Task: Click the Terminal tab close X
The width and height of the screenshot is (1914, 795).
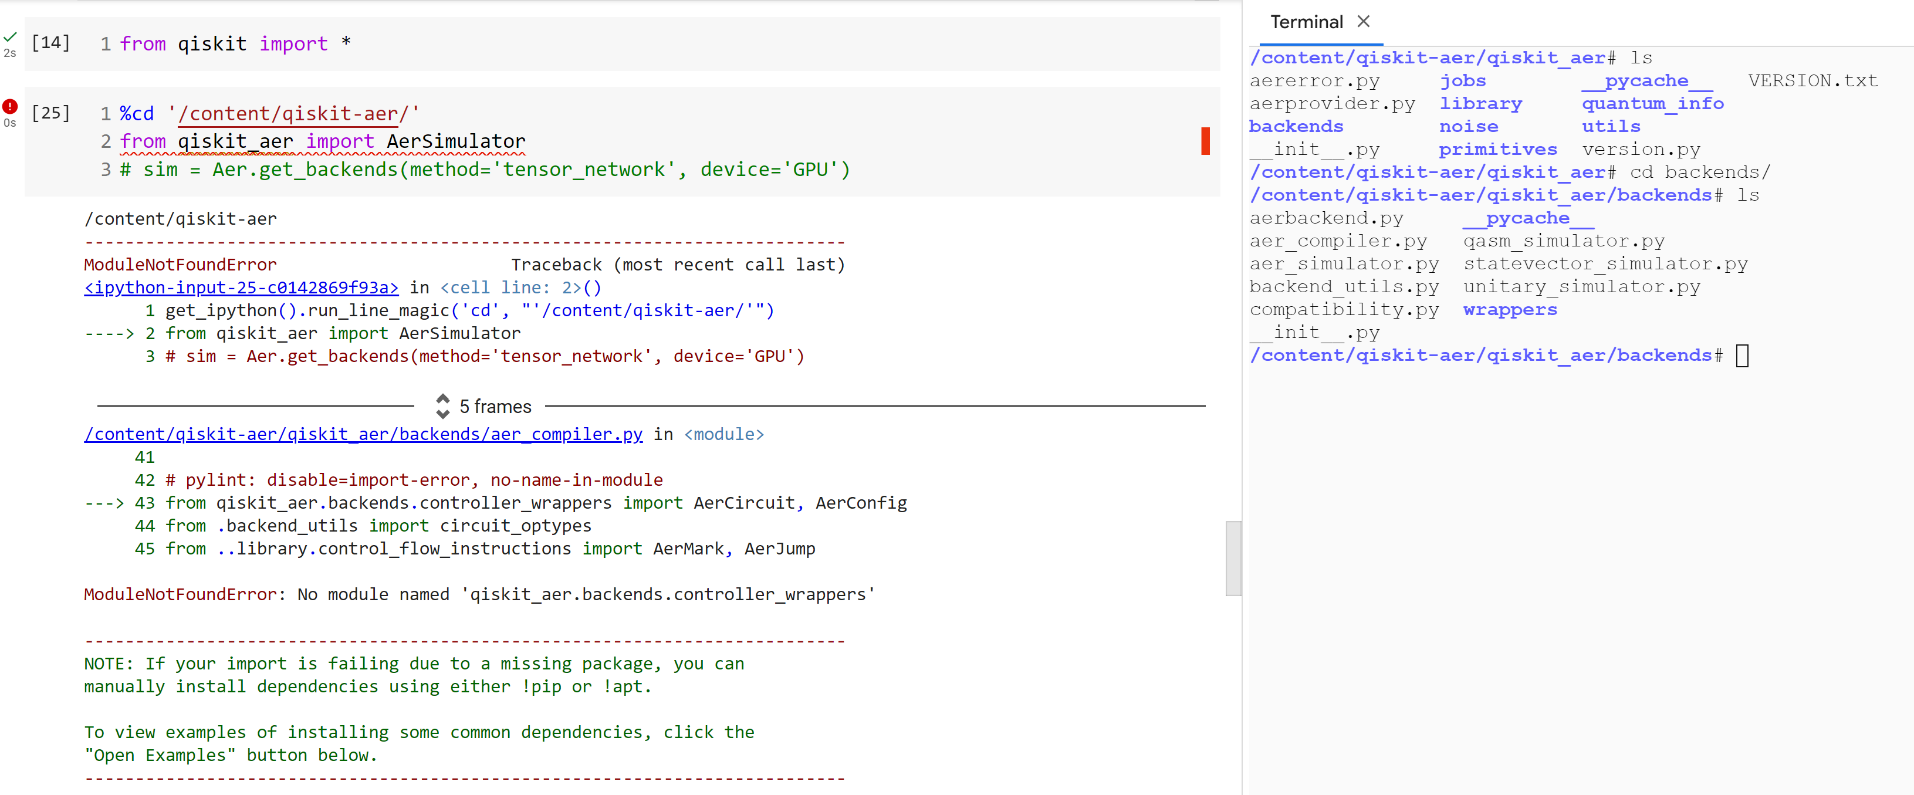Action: pos(1364,22)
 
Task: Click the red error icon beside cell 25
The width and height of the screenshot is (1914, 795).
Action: pos(9,106)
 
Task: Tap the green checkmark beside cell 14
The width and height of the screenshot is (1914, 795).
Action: pos(9,36)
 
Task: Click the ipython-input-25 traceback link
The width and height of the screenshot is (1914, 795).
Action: pos(242,287)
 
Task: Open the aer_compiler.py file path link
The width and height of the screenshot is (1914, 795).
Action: pos(363,434)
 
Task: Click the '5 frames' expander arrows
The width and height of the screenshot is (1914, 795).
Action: pos(443,405)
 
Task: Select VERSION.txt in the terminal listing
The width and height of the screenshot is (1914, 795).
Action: pos(1812,80)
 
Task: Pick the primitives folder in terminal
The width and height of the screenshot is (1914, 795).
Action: pos(1498,150)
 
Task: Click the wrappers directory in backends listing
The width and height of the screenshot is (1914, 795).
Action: pos(1510,310)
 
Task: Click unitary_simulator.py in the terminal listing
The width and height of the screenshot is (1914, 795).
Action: pos(1581,287)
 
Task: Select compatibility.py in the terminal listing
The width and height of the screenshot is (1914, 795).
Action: pos(1344,310)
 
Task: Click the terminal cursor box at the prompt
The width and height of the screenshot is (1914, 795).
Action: pos(1742,356)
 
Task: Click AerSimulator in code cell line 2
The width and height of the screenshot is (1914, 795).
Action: pos(455,141)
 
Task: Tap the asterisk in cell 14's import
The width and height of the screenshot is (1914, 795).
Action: pos(346,42)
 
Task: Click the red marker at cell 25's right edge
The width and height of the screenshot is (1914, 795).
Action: pos(1205,141)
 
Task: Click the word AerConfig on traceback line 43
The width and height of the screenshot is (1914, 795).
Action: pos(861,503)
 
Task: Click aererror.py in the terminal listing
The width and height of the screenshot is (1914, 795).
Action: pos(1314,81)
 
